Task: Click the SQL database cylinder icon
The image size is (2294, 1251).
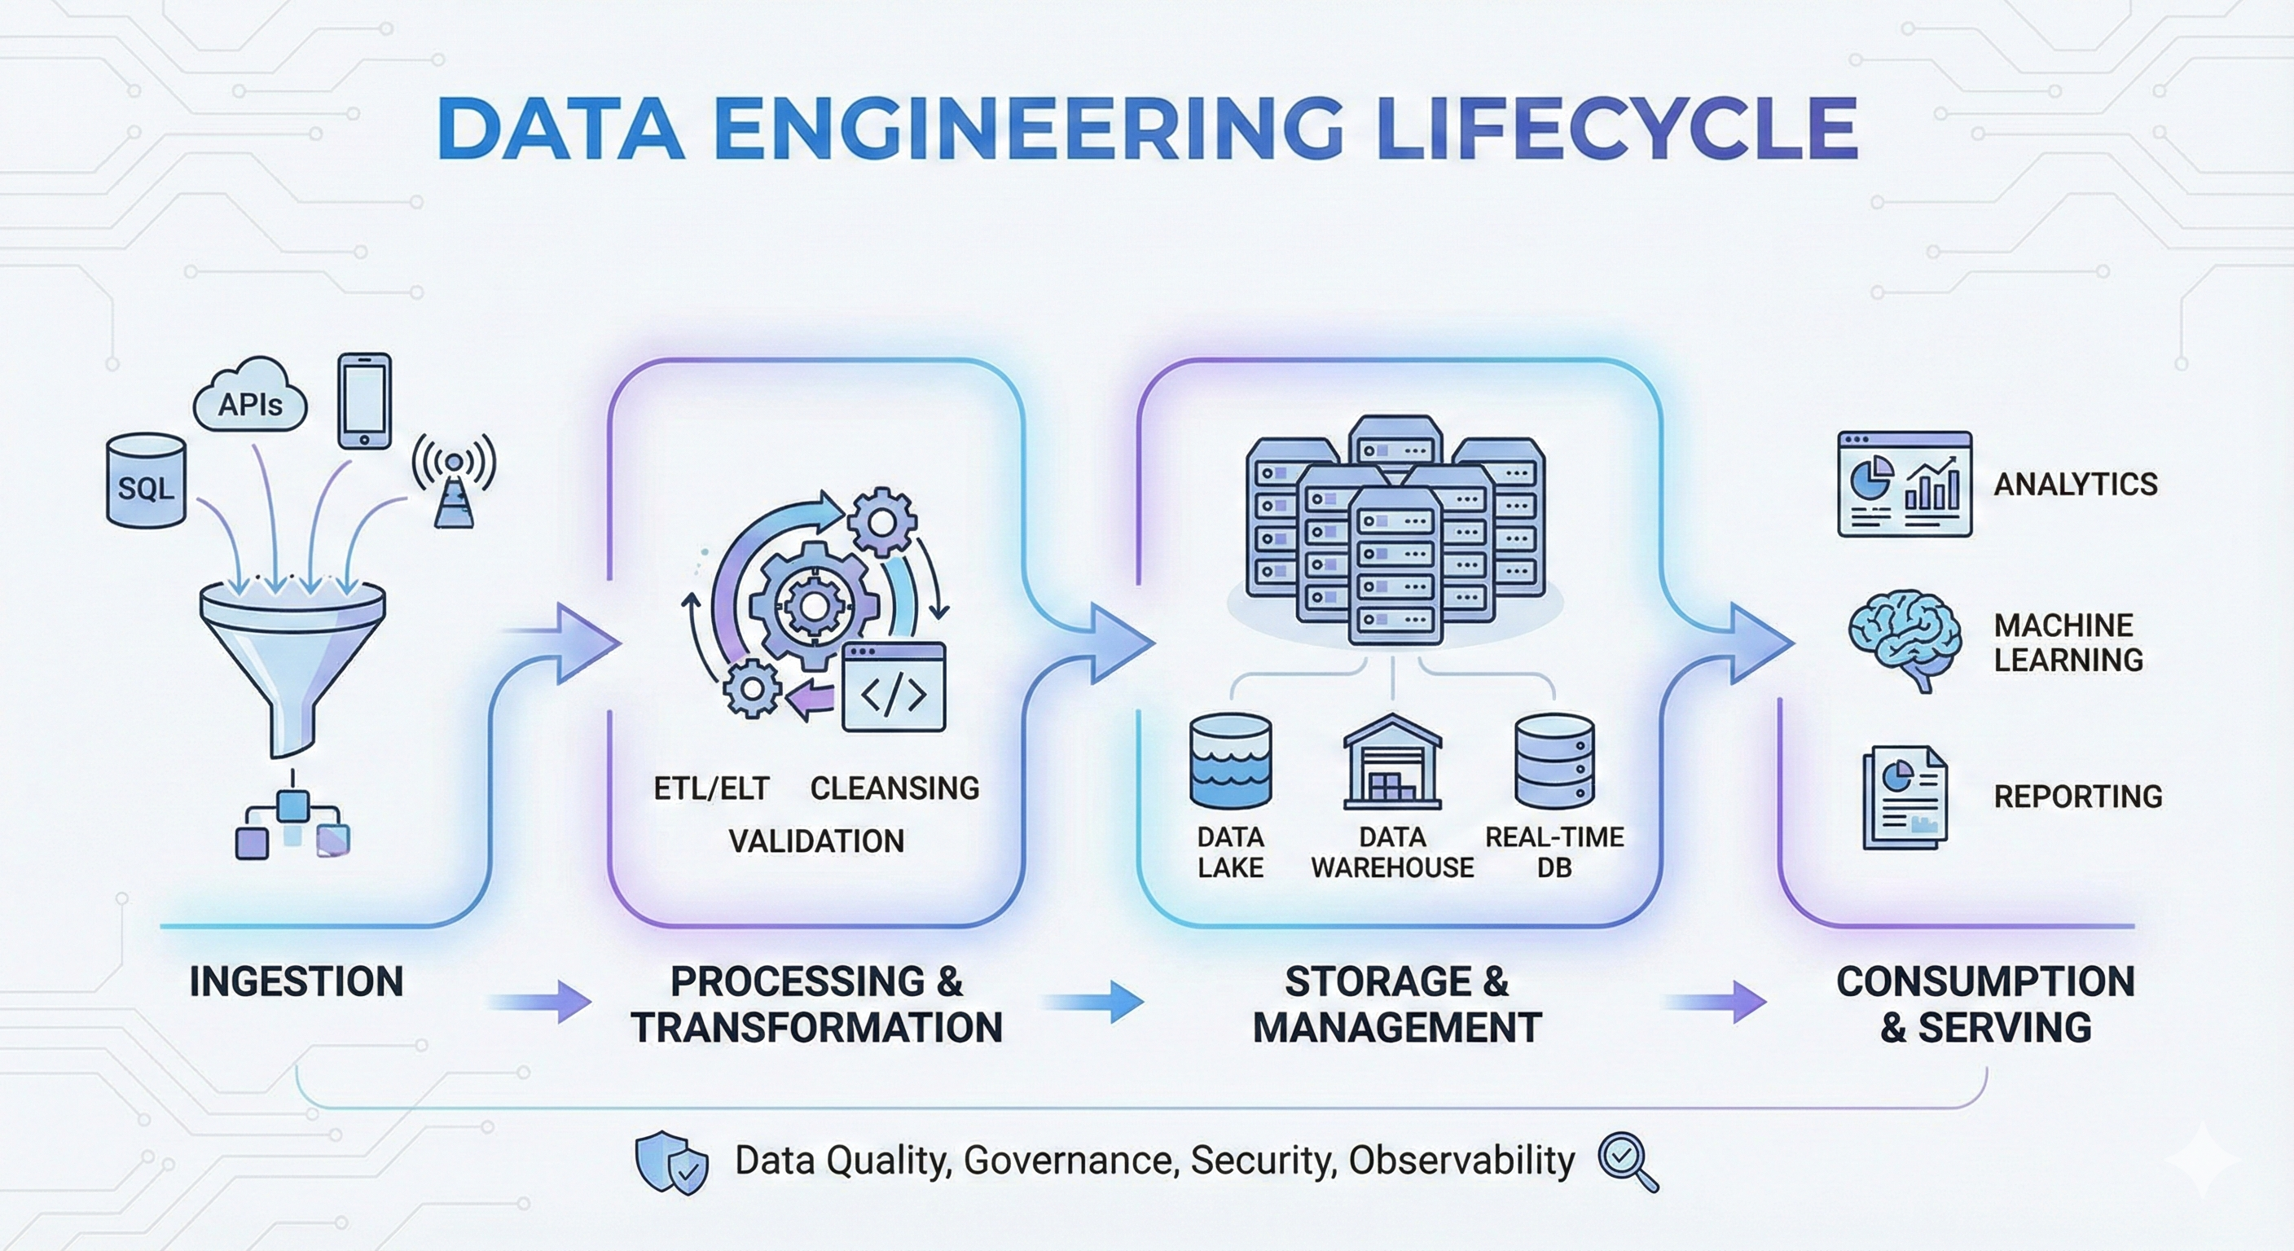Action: pyautogui.click(x=146, y=481)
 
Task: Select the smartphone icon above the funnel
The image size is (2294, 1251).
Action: pyautogui.click(x=364, y=401)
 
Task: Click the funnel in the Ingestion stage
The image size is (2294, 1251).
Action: pyautogui.click(x=292, y=650)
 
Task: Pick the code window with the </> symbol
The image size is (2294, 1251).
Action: pyautogui.click(x=893, y=687)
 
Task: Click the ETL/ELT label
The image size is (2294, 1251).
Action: pyautogui.click(x=710, y=788)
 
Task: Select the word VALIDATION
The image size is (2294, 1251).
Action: pyautogui.click(x=815, y=841)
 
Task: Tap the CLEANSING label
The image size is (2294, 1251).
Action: pyautogui.click(x=894, y=788)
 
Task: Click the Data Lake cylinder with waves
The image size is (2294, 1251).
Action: pyautogui.click(x=1231, y=762)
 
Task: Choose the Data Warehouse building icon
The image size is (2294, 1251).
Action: pyautogui.click(x=1392, y=762)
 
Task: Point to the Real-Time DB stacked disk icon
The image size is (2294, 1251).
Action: pyautogui.click(x=1554, y=762)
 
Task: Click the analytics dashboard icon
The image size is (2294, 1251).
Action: pyautogui.click(x=1904, y=485)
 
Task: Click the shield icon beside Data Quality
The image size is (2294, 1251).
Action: pyautogui.click(x=671, y=1161)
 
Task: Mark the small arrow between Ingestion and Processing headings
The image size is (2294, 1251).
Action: pyautogui.click(x=541, y=1003)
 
